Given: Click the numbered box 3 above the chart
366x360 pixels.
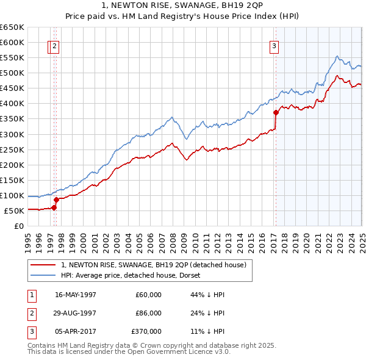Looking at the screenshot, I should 274,45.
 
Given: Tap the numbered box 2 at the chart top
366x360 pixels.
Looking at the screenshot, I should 55,45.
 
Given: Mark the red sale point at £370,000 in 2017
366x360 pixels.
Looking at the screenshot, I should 276,112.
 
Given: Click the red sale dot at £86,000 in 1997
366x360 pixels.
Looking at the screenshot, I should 57,200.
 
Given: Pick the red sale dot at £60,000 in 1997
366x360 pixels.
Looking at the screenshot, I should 54,207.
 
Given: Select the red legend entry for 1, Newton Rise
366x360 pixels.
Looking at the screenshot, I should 153,265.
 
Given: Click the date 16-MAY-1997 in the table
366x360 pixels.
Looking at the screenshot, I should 76,295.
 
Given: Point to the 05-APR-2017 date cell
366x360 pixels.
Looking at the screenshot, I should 76,331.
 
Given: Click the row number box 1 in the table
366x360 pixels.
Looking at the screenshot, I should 30,295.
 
